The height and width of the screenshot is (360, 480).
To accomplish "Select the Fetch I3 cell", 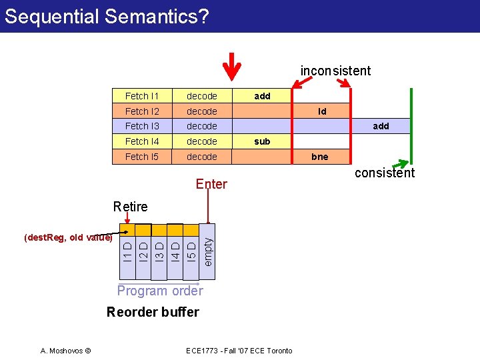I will [x=141, y=126].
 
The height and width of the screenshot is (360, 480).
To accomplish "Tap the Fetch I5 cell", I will [x=141, y=157].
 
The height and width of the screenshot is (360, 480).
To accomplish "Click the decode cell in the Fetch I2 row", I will [x=202, y=111].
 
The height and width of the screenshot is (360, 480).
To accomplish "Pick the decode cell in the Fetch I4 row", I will [x=202, y=141].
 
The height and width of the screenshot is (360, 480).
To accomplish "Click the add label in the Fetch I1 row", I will [x=262, y=96].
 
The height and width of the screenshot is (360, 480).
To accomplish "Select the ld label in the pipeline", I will [x=322, y=111].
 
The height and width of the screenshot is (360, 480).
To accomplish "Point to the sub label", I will [x=262, y=141].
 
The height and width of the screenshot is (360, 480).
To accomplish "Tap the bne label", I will [x=320, y=157].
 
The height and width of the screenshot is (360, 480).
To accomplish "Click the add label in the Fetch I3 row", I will [x=381, y=126].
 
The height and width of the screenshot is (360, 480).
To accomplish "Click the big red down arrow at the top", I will [x=231, y=65].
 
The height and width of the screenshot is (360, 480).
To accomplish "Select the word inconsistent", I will [x=335, y=71].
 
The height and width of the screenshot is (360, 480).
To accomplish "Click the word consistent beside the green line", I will [x=385, y=173].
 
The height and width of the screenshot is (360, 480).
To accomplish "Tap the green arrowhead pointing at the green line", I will [x=405, y=163].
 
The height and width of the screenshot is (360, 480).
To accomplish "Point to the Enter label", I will [x=211, y=184].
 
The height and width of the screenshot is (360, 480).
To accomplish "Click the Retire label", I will [x=130, y=207].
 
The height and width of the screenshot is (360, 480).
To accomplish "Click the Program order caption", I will [x=160, y=291].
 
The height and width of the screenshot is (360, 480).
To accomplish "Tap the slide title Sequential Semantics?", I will [x=107, y=15].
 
